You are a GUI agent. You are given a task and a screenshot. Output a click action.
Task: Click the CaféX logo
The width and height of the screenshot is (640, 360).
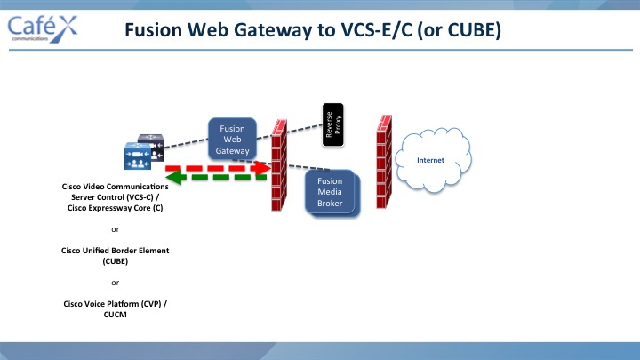[x=43, y=29]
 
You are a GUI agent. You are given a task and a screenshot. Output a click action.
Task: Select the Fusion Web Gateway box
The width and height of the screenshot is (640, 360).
[x=232, y=140]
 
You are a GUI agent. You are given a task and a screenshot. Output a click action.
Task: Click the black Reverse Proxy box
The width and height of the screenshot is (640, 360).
[x=333, y=125]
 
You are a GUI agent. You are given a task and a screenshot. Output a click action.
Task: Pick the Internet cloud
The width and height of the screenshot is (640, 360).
[x=434, y=160]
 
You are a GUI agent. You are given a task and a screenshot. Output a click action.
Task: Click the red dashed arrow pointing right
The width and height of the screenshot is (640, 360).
[x=218, y=168]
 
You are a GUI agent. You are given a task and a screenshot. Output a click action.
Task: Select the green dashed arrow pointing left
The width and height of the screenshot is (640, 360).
[x=216, y=178]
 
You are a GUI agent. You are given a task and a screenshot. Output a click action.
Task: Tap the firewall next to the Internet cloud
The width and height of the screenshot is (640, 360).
[x=384, y=162]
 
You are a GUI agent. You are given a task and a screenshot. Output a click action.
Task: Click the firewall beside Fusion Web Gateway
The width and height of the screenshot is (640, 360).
[x=279, y=165]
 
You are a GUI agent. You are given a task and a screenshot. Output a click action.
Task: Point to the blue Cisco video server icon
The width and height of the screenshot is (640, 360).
[x=138, y=156]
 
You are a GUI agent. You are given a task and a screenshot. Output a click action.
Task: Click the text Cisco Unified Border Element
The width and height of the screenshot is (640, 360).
[x=115, y=251]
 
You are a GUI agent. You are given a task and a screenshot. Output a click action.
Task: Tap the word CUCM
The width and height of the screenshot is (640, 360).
[x=115, y=315]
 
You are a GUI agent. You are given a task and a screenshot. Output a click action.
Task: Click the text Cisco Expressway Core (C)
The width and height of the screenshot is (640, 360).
[x=115, y=208]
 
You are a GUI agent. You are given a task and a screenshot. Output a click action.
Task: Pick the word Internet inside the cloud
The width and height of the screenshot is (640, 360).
[x=430, y=160]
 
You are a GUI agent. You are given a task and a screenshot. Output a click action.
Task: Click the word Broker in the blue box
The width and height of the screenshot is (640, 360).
[x=330, y=204]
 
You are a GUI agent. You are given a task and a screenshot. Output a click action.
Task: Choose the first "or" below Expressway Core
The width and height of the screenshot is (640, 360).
[x=115, y=230]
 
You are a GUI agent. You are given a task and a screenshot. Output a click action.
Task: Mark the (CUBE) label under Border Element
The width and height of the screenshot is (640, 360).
[x=115, y=261]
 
